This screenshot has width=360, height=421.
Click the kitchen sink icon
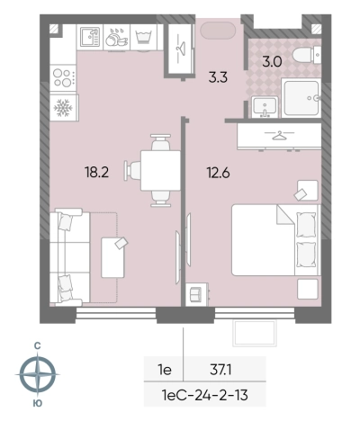(90, 37)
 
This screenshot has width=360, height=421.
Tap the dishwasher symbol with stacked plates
(117, 38)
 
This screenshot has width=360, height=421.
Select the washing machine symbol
(144, 37)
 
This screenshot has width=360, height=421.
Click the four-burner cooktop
(63, 77)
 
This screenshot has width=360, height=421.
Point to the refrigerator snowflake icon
(63, 108)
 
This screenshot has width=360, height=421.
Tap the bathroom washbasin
(265, 107)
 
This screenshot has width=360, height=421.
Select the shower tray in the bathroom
(301, 98)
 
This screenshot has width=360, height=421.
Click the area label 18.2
(96, 173)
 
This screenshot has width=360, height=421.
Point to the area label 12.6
(218, 173)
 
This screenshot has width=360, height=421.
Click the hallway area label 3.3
(218, 77)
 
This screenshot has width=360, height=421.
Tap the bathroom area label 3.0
(272, 62)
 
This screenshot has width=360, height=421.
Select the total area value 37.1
(220, 370)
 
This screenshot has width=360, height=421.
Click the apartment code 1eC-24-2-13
(205, 395)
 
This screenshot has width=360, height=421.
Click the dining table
(161, 171)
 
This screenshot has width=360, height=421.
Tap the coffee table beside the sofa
(112, 257)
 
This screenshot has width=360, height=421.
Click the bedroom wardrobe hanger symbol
(279, 136)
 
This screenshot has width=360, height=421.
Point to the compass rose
(38, 374)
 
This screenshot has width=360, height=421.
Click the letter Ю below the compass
(38, 403)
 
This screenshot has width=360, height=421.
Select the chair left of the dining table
(133, 171)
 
